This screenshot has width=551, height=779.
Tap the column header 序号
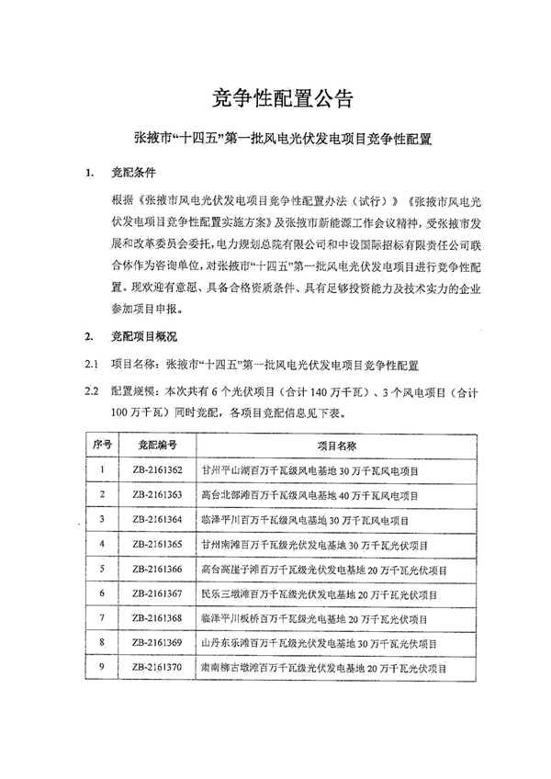point(103,445)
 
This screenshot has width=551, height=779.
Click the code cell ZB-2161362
point(157,470)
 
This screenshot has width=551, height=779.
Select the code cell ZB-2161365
point(157,545)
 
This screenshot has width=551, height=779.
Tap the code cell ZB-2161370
point(157,668)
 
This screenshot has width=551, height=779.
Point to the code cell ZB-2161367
point(157,594)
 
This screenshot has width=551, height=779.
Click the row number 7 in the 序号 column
point(103,618)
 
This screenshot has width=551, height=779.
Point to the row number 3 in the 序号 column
point(103,520)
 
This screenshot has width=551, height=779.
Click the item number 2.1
point(92,366)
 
